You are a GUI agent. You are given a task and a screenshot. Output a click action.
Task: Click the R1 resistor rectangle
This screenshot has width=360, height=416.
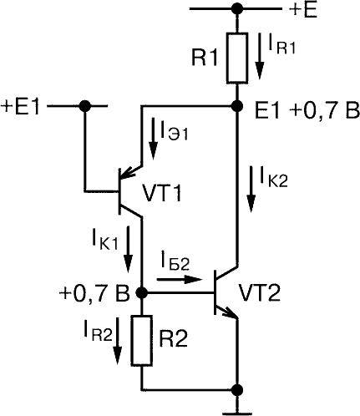237,58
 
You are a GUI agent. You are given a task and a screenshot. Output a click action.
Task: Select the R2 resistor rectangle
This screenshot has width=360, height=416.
142,340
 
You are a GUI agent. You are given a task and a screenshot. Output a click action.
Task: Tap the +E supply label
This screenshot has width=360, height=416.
302,11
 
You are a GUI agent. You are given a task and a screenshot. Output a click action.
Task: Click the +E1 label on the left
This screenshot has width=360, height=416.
21,107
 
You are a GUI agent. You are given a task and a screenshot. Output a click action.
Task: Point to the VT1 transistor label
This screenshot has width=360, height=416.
162,193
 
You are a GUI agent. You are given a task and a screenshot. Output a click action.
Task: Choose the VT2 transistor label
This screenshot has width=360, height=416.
261,293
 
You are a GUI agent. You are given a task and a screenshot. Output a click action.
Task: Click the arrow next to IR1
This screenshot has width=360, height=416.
260,56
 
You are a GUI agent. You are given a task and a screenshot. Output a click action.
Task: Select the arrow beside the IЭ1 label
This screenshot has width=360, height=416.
153,139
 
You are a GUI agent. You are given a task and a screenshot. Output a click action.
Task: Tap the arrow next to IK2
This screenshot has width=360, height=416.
251,189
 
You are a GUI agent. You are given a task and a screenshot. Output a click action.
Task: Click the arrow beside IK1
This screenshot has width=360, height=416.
128,249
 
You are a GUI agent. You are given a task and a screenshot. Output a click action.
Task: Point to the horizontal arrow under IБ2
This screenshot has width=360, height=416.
180,279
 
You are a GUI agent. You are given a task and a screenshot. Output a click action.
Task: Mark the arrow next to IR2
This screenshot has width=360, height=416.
119,341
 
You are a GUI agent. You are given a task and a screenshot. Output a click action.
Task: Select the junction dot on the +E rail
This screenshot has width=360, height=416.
237,8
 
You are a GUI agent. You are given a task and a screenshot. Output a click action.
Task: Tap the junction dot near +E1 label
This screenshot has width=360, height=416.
85,106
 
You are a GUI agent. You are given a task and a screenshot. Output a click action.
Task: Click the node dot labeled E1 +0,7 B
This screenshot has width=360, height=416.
237,106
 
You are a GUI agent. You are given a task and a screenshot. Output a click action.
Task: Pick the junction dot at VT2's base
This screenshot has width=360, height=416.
142,292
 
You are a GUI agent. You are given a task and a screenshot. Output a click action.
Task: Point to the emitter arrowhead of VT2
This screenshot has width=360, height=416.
230,312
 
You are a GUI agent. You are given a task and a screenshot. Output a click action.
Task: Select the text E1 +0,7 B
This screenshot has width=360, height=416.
307,112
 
